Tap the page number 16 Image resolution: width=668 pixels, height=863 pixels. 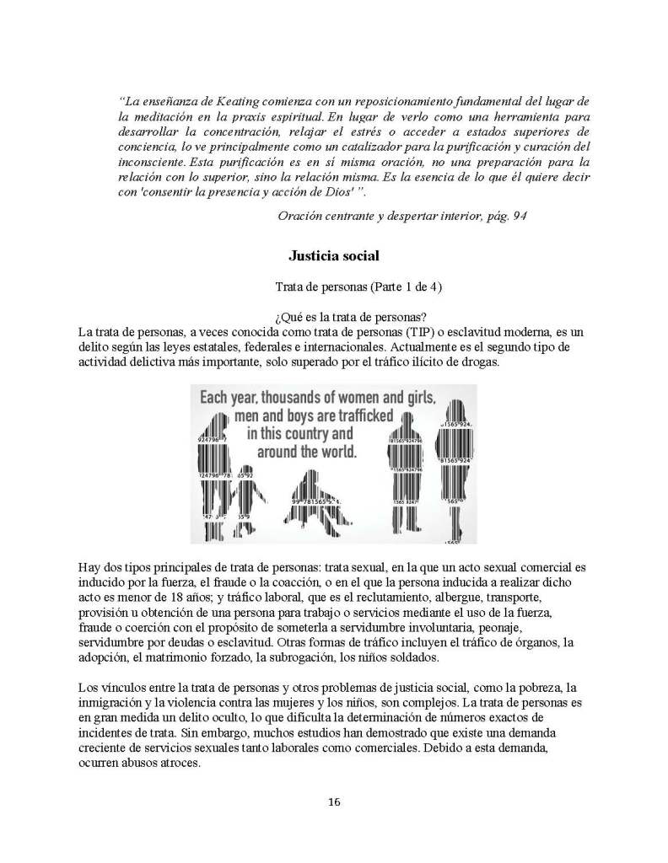click(334, 801)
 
